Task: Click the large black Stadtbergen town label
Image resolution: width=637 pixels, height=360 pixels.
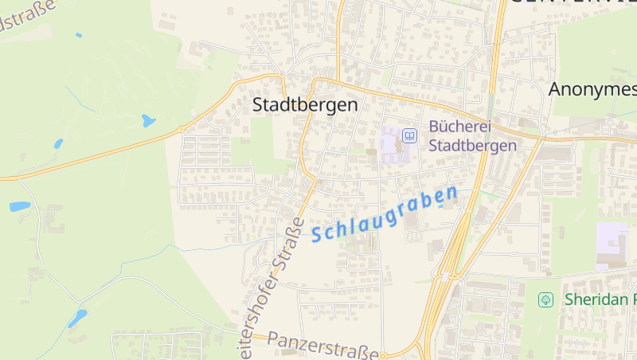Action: coord(305,104)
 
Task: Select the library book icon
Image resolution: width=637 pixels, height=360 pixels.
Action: coord(409,136)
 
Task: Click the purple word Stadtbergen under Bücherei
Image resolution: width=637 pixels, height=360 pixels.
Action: coord(472,145)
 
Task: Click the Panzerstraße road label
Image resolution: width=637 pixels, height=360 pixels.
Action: coord(322,345)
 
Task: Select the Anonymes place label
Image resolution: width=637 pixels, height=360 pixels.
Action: coord(592,89)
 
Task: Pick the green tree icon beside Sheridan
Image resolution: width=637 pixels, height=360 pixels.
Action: coord(545,299)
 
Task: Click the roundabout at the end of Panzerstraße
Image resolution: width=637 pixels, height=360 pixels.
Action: coord(384,354)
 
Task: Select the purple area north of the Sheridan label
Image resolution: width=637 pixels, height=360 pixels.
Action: coord(612,242)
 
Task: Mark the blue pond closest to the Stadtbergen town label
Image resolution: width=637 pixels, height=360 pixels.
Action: coord(148,121)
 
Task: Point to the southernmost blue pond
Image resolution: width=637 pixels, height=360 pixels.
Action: coord(77,319)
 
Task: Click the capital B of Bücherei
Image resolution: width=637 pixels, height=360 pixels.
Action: coord(435,127)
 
